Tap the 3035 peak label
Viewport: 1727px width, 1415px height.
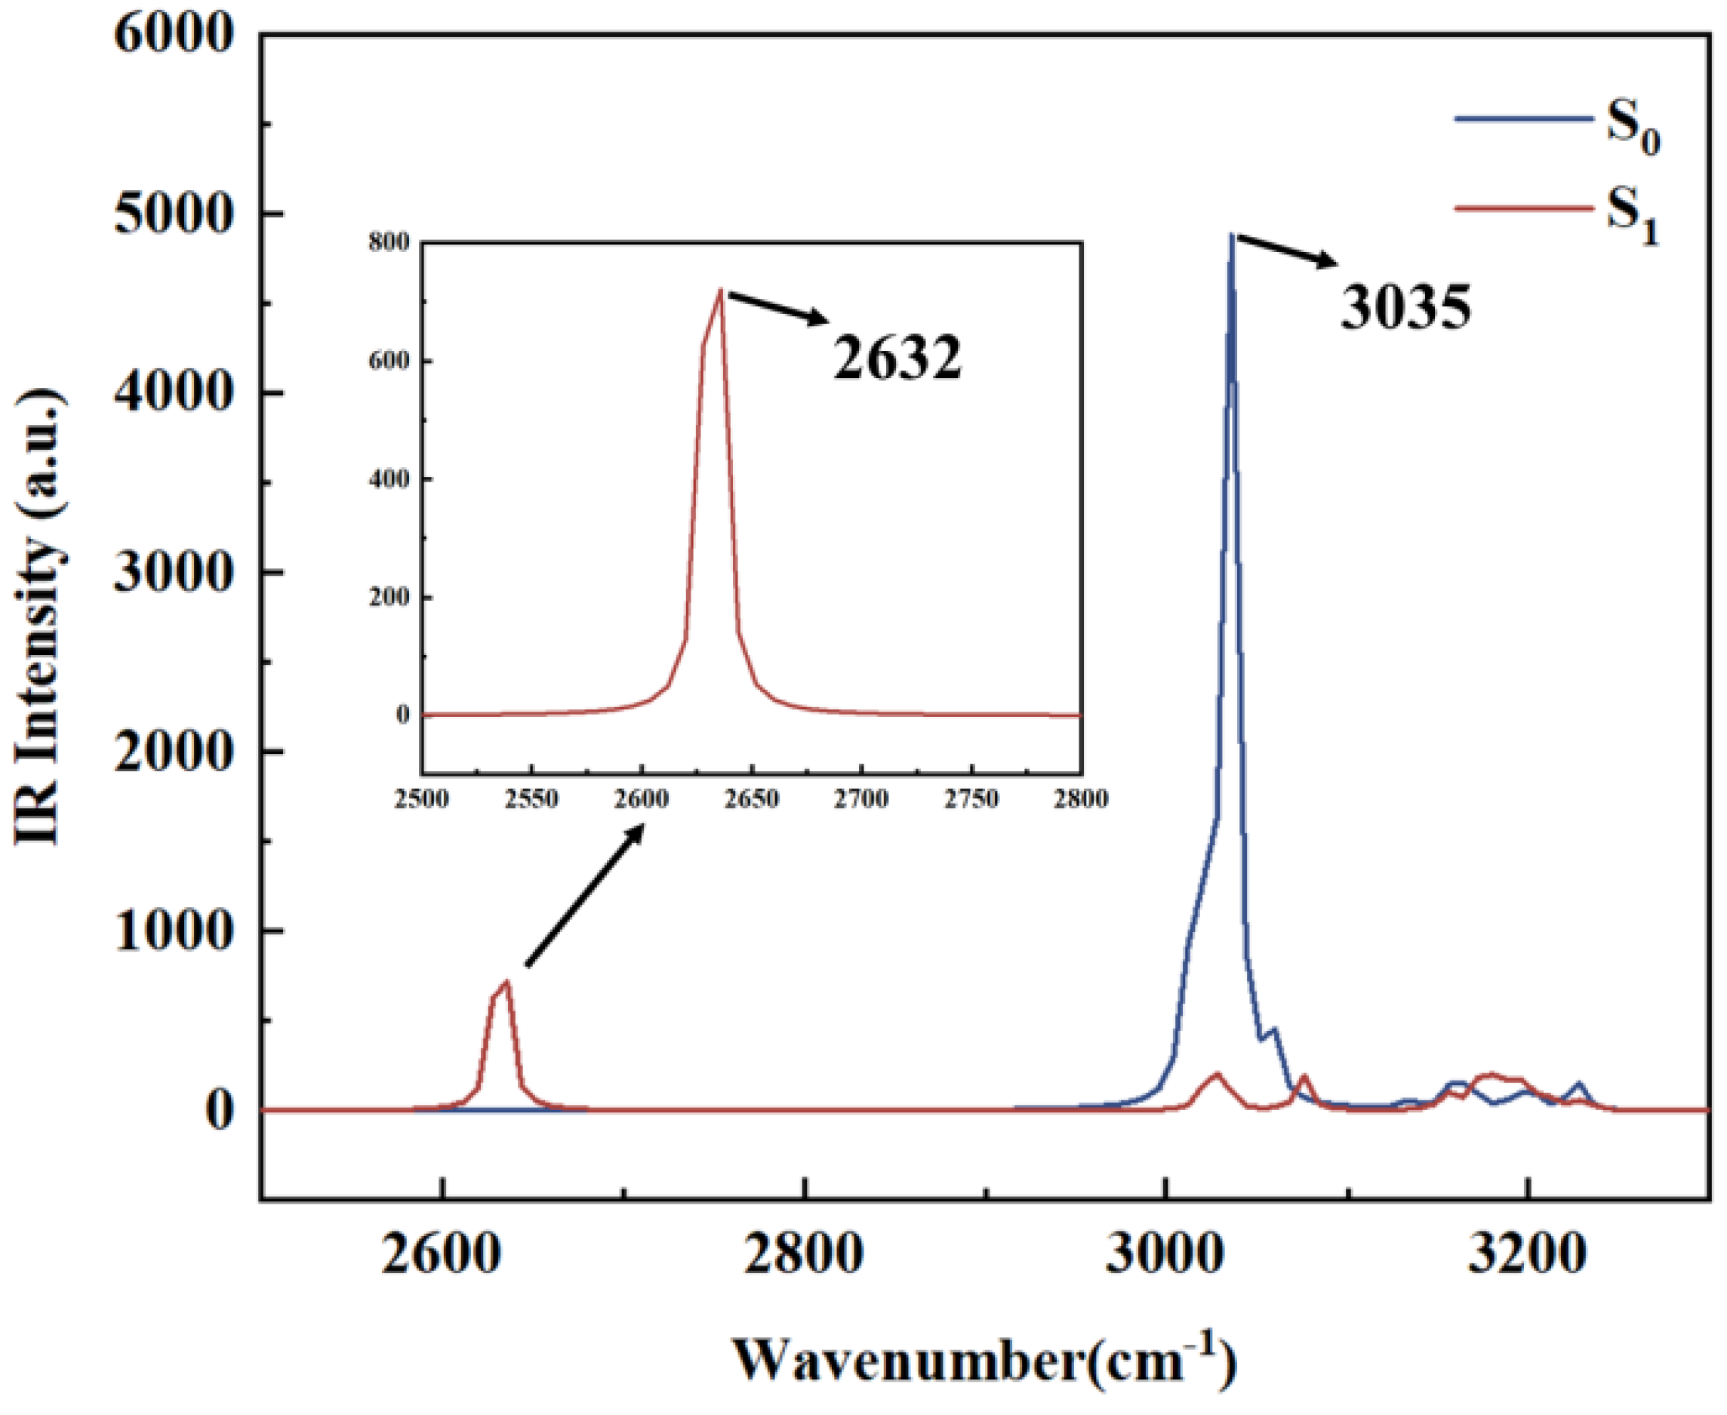point(1405,308)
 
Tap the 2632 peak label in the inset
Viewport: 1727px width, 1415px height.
point(897,358)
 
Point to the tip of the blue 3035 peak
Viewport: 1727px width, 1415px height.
point(1231,235)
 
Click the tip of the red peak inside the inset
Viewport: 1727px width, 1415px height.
point(721,291)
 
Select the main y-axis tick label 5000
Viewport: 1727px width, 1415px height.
point(174,214)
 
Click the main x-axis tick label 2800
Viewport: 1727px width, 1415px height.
point(803,1253)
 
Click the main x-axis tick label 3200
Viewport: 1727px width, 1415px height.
point(1526,1253)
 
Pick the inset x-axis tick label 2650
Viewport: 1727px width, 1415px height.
point(752,798)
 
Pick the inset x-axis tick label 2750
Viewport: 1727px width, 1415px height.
point(971,798)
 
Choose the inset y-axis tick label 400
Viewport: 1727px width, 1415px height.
point(388,479)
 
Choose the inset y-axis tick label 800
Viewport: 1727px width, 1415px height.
point(388,242)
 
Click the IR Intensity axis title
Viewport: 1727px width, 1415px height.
point(39,615)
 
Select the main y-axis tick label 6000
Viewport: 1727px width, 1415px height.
point(174,36)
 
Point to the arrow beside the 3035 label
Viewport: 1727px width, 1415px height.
point(1287,251)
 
